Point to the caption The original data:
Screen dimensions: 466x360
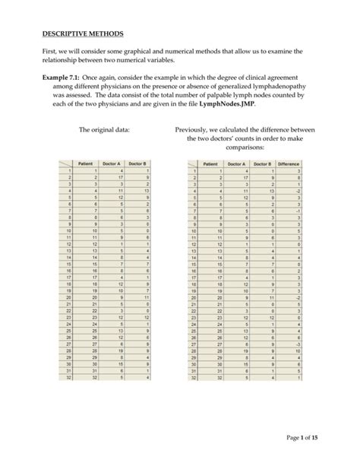click(x=104, y=130)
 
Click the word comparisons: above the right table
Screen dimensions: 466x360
click(x=238, y=149)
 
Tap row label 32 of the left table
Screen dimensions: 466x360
click(x=68, y=376)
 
